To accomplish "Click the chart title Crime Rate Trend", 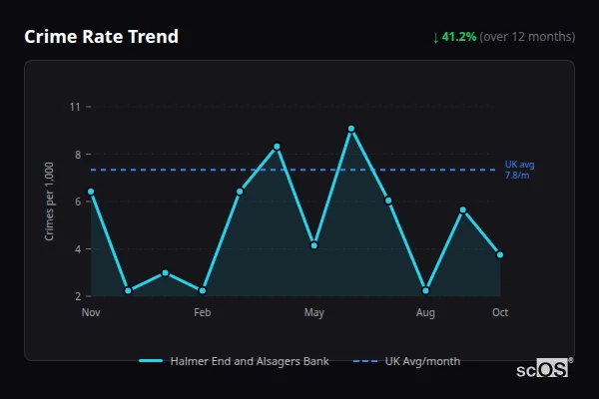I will [101, 37].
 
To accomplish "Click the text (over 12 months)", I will [527, 37].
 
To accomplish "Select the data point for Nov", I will [91, 191].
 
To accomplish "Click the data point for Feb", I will [203, 290].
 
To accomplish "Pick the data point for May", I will [314, 244].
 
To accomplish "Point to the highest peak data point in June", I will [351, 129].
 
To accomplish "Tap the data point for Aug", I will [426, 290].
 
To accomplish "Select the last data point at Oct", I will [500, 254].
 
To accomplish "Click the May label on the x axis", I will [314, 313].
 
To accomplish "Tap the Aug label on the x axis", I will [426, 313].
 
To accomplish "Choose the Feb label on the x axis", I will [203, 313].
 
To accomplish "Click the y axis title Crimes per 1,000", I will [50, 201].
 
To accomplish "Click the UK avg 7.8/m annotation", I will [520, 170].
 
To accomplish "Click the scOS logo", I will [542, 369].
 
